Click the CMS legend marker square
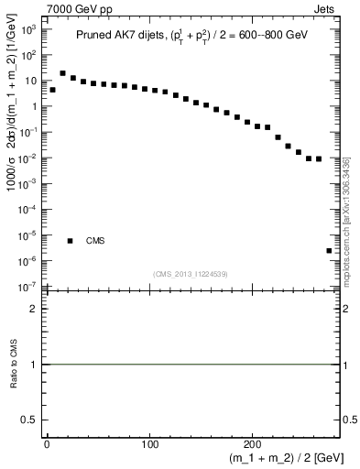[71, 241]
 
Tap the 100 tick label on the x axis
[149, 444]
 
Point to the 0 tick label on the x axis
[46, 444]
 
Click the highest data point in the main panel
[63, 73]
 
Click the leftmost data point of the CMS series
[53, 90]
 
